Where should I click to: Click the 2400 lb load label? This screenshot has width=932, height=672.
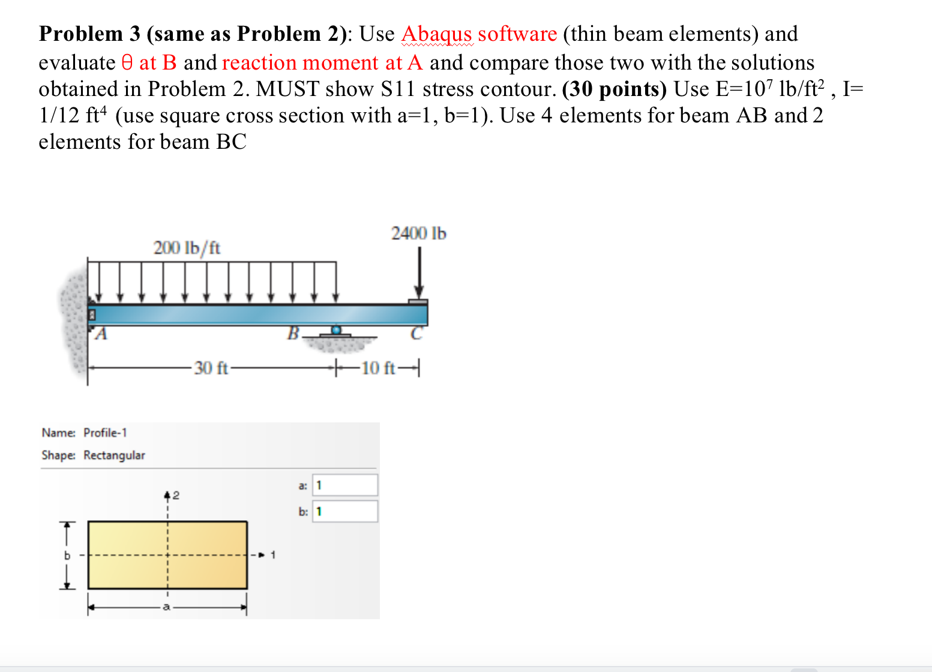(x=418, y=233)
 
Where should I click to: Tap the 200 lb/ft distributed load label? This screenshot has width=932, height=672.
(x=187, y=248)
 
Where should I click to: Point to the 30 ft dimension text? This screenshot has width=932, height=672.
(x=211, y=368)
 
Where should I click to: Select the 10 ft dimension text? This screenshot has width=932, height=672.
(x=378, y=368)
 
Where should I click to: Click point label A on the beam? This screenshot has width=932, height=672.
(x=101, y=334)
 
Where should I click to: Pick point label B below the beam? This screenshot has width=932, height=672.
(x=293, y=333)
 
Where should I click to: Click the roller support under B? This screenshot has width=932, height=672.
(x=336, y=331)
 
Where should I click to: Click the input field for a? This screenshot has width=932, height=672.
(x=345, y=485)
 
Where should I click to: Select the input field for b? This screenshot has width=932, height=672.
(x=345, y=511)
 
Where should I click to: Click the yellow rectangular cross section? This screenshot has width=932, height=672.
(x=167, y=555)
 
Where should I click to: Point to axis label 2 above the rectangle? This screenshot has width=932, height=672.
(x=176, y=496)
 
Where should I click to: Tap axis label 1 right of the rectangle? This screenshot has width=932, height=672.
(x=273, y=555)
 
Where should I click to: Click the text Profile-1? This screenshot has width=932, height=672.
(x=105, y=433)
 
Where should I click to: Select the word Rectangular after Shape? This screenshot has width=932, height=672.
(x=114, y=455)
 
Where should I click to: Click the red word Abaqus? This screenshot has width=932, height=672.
(x=436, y=34)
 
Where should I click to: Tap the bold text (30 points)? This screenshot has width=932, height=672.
(x=615, y=89)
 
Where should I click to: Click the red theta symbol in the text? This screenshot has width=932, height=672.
(x=127, y=62)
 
